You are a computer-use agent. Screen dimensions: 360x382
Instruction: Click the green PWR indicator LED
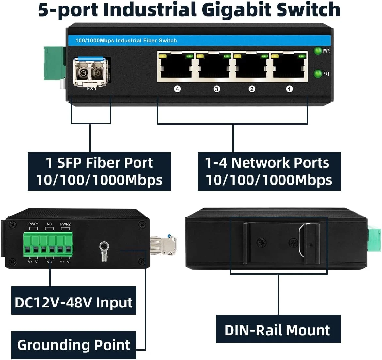pyautogui.click(x=317, y=51)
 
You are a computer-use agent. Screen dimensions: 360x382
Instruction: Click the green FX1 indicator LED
pyautogui.click(x=317, y=74)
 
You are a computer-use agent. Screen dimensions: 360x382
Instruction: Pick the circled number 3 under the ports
pyautogui.click(x=216, y=89)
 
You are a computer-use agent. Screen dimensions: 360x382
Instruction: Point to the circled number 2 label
pyautogui.click(x=252, y=89)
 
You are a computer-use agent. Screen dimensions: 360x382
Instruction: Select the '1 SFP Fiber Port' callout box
pyautogui.click(x=99, y=171)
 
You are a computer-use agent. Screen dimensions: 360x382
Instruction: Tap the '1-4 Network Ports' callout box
pyautogui.click(x=269, y=171)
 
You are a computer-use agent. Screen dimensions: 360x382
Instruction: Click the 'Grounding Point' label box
pyautogui.click(x=73, y=345)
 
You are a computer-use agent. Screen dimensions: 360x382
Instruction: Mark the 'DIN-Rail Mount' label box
pyautogui.click(x=278, y=330)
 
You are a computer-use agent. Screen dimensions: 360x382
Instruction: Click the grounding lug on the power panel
pyautogui.click(x=104, y=250)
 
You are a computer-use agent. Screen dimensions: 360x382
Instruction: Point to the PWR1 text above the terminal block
pyautogui.click(x=33, y=224)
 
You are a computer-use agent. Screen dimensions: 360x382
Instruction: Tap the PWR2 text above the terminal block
pyautogui.click(x=65, y=224)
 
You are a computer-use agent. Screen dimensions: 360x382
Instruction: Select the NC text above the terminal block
pyautogui.click(x=49, y=224)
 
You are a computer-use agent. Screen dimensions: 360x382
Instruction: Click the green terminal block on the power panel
pyautogui.click(x=48, y=244)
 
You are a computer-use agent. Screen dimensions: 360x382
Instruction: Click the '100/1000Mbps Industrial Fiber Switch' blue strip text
pyautogui.click(x=126, y=41)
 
